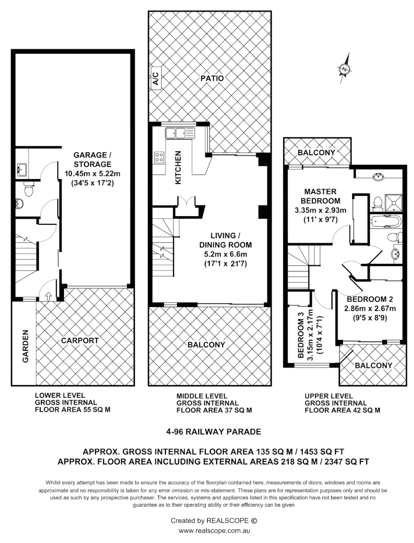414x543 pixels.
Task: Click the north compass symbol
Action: click(345, 69)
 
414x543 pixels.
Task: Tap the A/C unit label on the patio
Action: click(155, 79)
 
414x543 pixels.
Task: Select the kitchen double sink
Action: click(179, 133)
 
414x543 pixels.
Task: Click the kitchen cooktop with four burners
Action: click(159, 157)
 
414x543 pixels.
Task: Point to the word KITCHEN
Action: click(178, 168)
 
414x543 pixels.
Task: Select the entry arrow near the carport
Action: click(48, 296)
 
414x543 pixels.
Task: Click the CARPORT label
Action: click(79, 340)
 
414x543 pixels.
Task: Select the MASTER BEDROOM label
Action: click(320, 196)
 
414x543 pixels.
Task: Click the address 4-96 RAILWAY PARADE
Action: click(214, 431)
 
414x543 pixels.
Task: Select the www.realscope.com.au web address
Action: click(214, 530)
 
